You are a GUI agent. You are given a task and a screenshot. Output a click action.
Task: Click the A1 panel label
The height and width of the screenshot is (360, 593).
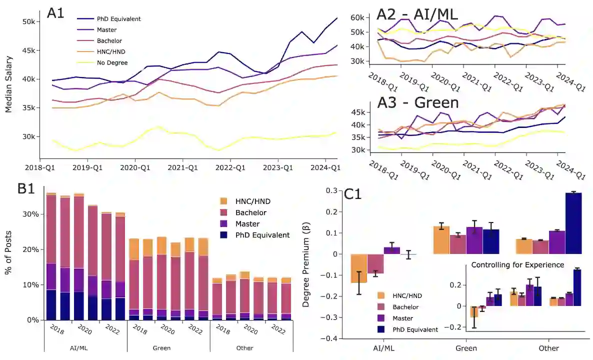click(x=55, y=13)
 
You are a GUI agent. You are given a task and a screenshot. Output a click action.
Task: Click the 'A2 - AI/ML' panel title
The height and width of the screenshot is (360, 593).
click(x=417, y=15)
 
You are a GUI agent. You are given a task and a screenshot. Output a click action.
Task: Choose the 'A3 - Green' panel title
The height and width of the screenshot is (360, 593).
click(x=417, y=102)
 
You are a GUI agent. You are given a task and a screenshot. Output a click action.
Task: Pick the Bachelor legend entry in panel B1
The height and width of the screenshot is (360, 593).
click(x=250, y=212)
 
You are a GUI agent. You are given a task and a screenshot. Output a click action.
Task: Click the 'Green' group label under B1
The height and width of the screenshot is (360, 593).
click(x=168, y=348)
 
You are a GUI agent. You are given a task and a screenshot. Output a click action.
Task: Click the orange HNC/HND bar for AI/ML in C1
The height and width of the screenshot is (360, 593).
click(x=358, y=268)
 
